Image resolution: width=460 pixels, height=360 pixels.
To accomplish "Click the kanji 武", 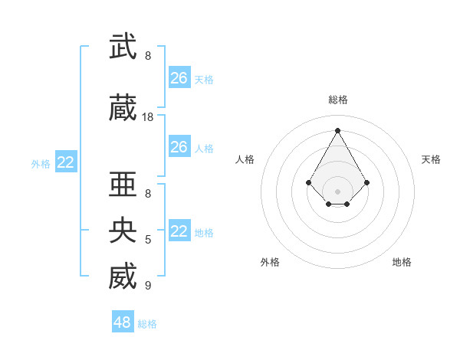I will click(123, 47).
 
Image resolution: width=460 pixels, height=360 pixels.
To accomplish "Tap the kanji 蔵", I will click(123, 109).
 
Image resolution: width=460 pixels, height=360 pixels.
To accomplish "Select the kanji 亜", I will click(123, 185).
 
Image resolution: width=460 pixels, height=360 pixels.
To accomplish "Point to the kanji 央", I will click(123, 230).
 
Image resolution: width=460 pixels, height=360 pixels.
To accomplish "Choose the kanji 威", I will click(123, 277).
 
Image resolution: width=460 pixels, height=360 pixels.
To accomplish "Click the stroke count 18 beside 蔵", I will click(148, 117).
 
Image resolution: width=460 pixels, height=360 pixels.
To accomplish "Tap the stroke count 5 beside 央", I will click(148, 240).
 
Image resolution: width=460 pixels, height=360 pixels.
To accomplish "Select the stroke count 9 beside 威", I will click(148, 286).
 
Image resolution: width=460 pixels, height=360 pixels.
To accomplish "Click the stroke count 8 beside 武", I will click(148, 56).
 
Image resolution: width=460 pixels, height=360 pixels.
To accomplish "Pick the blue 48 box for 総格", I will click(123, 322).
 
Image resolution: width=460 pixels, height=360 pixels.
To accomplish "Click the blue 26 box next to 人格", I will click(179, 147).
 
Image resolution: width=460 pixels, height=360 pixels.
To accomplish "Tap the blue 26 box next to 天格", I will click(179, 78).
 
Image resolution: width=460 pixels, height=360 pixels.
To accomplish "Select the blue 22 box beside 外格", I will click(66, 162).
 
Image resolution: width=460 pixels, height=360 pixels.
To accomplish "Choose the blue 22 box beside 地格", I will click(179, 231).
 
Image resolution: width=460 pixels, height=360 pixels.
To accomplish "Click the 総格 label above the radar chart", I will click(338, 100).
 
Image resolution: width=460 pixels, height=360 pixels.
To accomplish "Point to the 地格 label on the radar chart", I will click(402, 262).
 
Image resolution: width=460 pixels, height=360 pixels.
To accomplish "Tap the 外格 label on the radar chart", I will click(270, 262).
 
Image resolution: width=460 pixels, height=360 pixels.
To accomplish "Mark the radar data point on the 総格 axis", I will click(338, 129).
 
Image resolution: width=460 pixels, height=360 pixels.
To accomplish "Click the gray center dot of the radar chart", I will click(338, 191).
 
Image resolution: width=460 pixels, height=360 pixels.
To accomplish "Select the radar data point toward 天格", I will click(367, 182).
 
